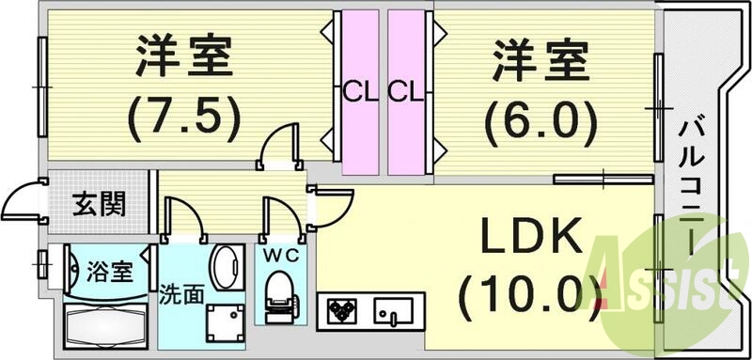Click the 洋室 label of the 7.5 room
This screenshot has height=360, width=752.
182,57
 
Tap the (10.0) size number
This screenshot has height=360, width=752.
528,294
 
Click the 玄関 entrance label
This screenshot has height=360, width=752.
100,202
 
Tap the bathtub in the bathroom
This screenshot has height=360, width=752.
105,324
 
